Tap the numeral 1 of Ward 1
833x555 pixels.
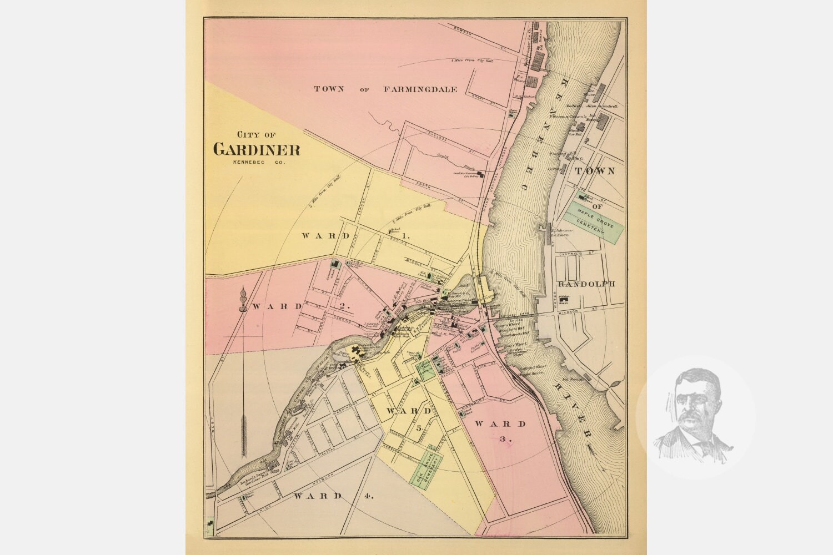coord(405,236)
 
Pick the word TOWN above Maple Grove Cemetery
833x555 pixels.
coord(595,171)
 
